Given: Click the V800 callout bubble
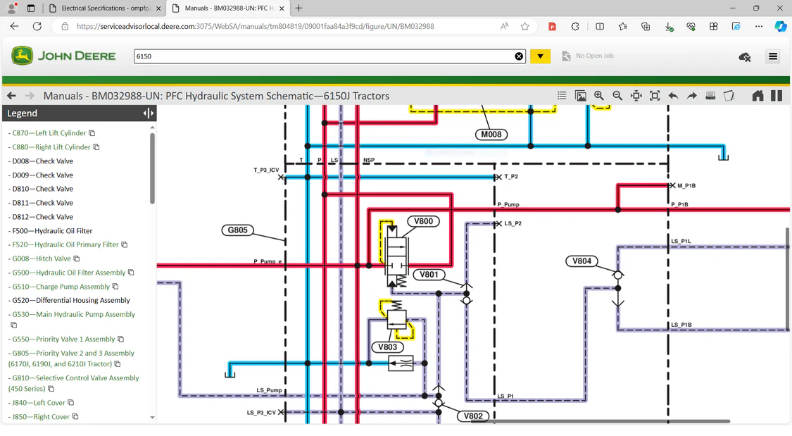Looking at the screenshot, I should [423, 221].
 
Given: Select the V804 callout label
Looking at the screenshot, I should [582, 261].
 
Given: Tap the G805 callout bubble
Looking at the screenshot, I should [237, 230].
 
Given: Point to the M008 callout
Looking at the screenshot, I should [491, 135].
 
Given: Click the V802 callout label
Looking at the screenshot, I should [473, 416].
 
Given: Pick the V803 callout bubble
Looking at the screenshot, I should [387, 347].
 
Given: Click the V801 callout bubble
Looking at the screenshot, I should [429, 275].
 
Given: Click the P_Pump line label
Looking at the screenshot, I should [508, 205].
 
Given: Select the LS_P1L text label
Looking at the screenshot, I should [681, 242].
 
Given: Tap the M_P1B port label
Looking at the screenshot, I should [686, 186].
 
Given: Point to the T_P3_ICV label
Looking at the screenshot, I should [266, 170].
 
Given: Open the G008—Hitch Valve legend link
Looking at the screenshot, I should [42, 259].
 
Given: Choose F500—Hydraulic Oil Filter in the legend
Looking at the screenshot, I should [52, 231].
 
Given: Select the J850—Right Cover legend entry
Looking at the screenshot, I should [41, 417].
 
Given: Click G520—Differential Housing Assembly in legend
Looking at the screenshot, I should [71, 301].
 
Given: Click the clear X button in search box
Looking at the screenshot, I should [519, 56].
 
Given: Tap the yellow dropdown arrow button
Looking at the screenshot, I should [540, 56].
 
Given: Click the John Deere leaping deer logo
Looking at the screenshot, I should [22, 56].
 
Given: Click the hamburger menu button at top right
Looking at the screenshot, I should [772, 56].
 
